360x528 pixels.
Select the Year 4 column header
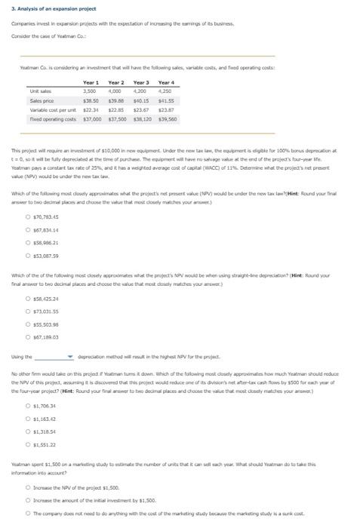167,82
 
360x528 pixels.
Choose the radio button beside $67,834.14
28,211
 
